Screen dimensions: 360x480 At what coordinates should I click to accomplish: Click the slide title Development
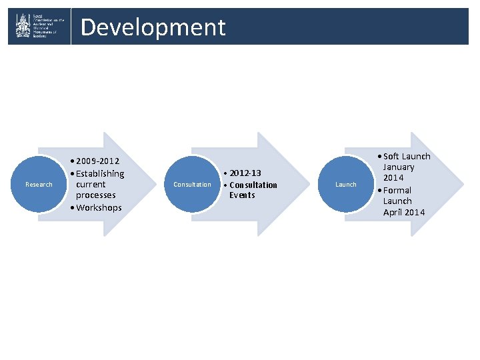pos(153,27)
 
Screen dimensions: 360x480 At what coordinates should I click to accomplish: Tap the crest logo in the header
pos(23,27)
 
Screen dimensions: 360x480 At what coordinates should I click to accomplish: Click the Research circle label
pos(39,184)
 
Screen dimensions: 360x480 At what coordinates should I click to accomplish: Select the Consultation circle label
pos(192,184)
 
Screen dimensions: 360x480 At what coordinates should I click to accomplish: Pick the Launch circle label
pos(345,184)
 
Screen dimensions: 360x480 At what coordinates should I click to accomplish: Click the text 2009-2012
pos(99,161)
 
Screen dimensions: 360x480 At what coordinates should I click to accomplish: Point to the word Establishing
pos(100,173)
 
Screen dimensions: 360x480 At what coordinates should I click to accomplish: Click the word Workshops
pos(99,207)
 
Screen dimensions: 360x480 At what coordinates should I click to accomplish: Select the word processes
pos(95,195)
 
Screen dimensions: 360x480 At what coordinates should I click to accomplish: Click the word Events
pos(242,195)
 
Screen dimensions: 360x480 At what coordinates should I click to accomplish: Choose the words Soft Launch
pos(407,156)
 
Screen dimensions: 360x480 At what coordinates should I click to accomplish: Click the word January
pos(399,167)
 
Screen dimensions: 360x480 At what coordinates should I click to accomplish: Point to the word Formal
pos(397,190)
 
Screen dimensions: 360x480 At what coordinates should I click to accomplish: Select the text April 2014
pos(404,213)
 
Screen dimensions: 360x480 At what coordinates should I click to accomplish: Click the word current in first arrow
pos(91,184)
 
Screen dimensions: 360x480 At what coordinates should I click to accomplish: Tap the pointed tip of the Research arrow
pos(154,184)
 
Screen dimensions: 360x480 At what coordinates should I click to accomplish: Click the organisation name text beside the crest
pos(50,27)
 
